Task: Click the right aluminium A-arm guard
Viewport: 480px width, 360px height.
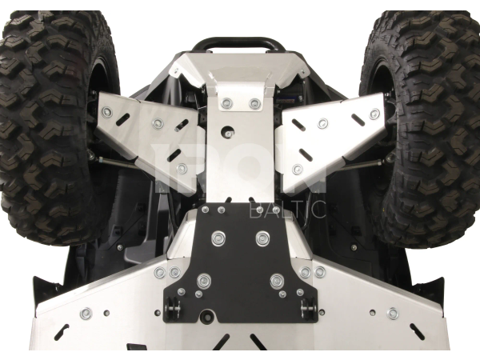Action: [x=329, y=141]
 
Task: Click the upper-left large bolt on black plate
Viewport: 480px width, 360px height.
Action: [x=218, y=238]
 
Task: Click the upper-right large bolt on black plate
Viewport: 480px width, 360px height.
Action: [x=262, y=238]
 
